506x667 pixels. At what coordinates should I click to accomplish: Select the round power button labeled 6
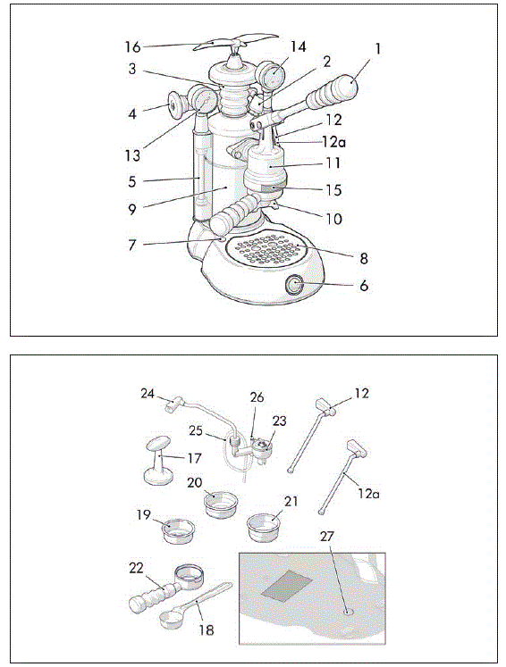coord(295,286)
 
